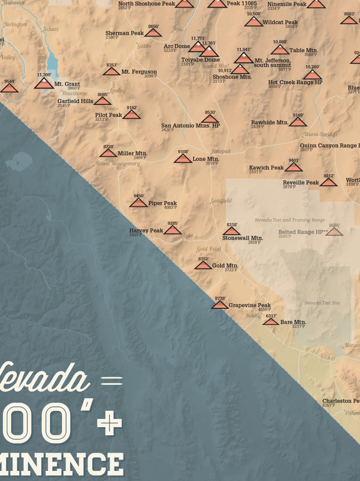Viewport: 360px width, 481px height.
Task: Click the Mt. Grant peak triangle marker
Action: tap(44, 84)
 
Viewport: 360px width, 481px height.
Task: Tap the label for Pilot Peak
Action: tap(108, 115)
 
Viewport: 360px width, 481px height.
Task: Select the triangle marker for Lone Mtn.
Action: tap(183, 159)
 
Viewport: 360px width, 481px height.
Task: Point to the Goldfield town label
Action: tap(221, 201)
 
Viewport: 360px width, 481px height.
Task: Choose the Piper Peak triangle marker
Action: tap(138, 203)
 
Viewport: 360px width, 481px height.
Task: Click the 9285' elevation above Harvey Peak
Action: tap(173, 223)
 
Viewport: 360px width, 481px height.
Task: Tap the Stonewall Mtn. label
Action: tap(242, 238)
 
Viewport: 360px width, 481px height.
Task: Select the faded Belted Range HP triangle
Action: tap(334, 232)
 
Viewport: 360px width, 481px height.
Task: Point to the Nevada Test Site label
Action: tap(322, 303)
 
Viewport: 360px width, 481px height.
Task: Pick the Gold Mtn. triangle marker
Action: tap(203, 266)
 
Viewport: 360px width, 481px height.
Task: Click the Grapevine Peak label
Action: tap(249, 305)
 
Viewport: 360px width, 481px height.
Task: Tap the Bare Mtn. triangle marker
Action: tap(271, 322)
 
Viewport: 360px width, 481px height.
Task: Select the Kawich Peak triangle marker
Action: tap(293, 168)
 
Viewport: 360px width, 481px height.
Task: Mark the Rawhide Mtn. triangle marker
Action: tap(298, 122)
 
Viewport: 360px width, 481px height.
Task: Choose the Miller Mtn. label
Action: tap(132, 153)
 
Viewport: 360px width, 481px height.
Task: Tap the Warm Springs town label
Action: tap(319, 135)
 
